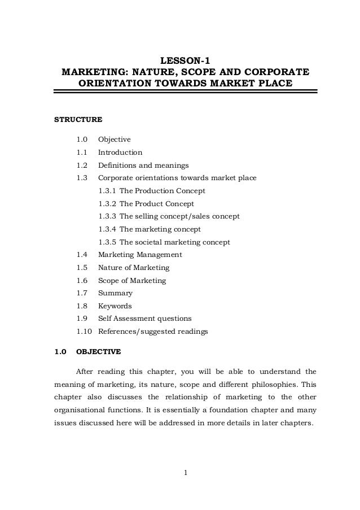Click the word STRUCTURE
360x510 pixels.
point(78,120)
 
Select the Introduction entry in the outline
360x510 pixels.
point(120,152)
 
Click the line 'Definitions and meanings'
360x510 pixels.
point(143,165)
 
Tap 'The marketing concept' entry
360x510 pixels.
point(160,229)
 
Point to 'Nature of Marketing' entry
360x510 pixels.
point(134,268)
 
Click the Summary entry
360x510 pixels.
point(115,293)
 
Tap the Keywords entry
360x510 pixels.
point(115,306)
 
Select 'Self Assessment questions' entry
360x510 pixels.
point(144,319)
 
